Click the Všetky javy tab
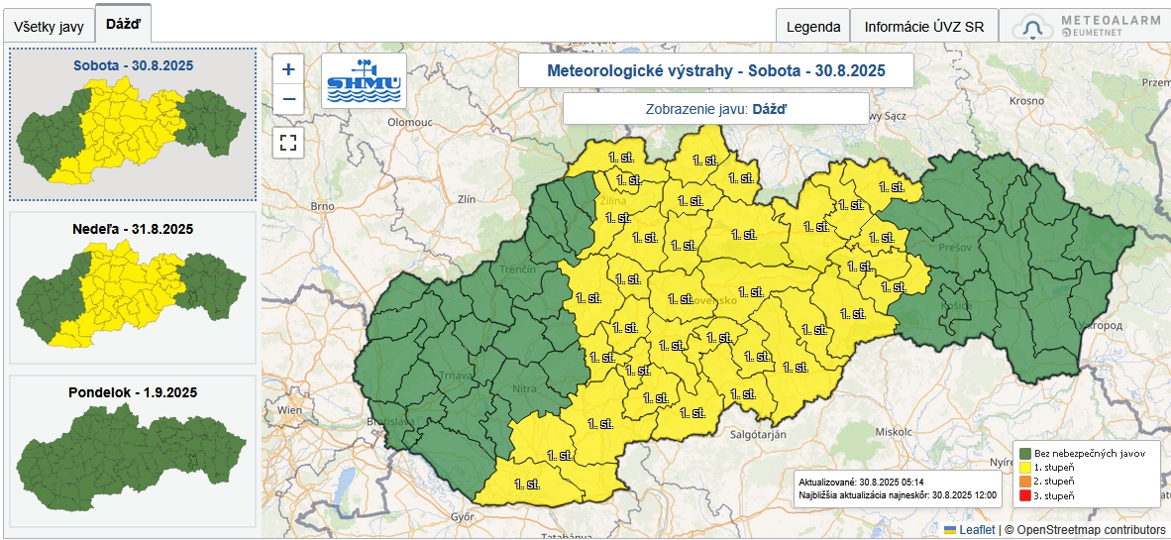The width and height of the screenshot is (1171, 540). tap(49, 27)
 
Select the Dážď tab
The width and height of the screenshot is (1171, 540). tap(123, 23)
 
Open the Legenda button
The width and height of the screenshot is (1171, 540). tap(812, 27)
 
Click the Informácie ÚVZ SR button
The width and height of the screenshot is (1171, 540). tap(923, 27)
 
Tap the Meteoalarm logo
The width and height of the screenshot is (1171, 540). tap(1084, 27)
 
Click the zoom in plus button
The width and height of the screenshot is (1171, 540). tap(288, 69)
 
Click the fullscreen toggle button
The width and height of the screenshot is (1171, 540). tap(288, 142)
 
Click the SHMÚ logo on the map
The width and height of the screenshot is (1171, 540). tap(364, 81)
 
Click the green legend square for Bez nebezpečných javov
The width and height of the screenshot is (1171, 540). tap(1024, 453)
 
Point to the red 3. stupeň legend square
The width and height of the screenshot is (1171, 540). tap(1024, 494)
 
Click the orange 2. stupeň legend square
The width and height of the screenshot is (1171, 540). tap(1024, 481)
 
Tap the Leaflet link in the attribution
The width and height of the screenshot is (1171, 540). tap(976, 530)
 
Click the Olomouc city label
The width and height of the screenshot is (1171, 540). tap(409, 121)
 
